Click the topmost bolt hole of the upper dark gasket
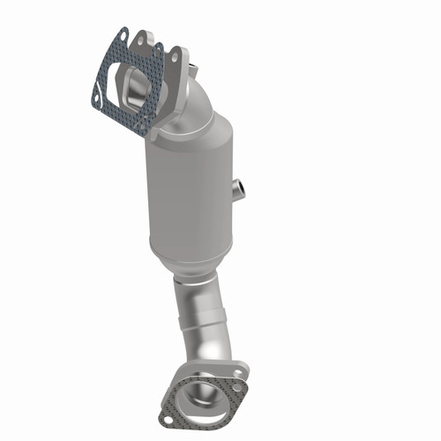[123, 35]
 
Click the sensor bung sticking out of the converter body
[237, 187]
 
